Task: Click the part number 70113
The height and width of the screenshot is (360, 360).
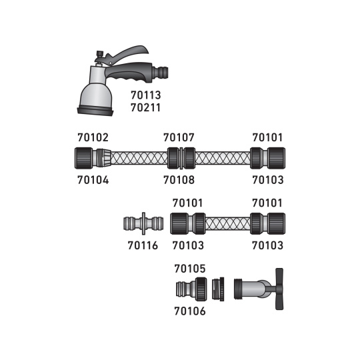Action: (x=146, y=95)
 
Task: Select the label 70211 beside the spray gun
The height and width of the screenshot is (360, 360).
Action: (x=145, y=108)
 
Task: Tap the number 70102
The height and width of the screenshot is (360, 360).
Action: (x=93, y=137)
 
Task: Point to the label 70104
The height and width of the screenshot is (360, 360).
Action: (x=93, y=180)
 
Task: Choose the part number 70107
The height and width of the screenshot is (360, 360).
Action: (x=179, y=137)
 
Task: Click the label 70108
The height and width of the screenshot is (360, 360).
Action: (x=179, y=180)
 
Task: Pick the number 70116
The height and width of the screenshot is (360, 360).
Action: (x=143, y=245)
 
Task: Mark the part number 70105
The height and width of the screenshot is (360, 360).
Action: (x=190, y=269)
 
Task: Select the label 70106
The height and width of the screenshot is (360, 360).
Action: (x=190, y=311)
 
